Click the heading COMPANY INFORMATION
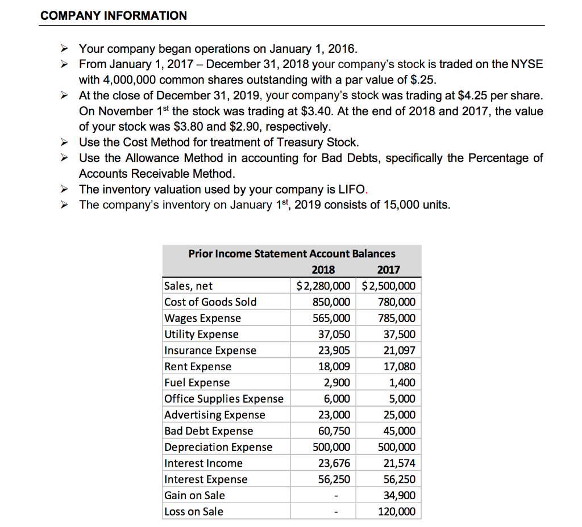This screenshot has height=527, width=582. [x=114, y=15]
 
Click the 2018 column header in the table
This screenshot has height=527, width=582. [x=323, y=270]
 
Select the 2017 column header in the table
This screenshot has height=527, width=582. [x=389, y=270]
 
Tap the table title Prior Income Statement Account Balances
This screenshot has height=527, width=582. [x=292, y=253]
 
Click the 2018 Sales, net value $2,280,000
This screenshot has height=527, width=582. [x=323, y=286]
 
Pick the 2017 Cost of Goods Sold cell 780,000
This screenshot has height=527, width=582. [x=397, y=302]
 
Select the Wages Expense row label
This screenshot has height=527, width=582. [x=202, y=318]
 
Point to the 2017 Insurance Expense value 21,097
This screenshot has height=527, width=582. [x=399, y=350]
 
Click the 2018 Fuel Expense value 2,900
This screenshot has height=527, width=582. [x=337, y=383]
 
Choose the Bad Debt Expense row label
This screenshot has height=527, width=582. [x=209, y=431]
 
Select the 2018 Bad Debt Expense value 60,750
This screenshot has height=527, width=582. [x=334, y=431]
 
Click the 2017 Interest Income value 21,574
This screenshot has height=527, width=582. [x=399, y=463]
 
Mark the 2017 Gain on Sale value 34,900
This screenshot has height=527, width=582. [x=399, y=495]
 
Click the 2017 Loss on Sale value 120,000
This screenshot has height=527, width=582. [x=397, y=512]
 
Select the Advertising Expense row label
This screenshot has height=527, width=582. [x=214, y=415]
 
